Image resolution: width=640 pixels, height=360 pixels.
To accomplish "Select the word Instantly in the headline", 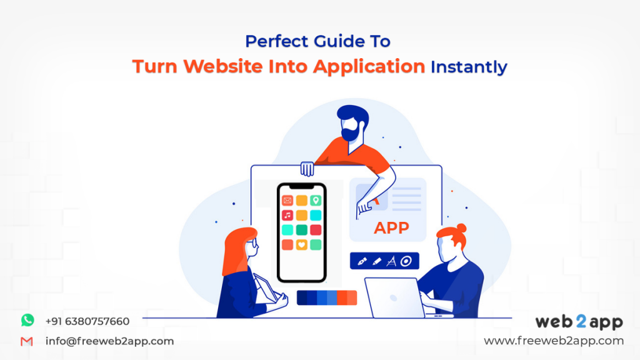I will pos(469,66).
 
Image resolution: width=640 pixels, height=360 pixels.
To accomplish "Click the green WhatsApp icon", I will pos(27,321).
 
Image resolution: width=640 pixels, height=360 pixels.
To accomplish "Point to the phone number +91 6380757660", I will pos(87,321).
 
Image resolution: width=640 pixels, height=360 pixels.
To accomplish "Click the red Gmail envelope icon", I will pos(27,341).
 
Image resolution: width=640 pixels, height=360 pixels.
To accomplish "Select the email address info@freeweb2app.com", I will pos(109,341).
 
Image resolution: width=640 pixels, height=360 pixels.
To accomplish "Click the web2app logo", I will pos(579,322).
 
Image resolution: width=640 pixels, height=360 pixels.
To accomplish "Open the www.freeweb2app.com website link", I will pos(554,341).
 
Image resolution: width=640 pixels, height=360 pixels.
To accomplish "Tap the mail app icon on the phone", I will pos(287,201).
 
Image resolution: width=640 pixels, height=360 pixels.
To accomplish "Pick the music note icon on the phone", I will pos(287,215).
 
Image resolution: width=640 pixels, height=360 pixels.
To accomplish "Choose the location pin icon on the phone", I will pos(316,201).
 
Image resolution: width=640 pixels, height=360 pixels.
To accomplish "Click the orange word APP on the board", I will pos(391,228).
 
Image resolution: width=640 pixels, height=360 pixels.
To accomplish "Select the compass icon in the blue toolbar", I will pos(392,261).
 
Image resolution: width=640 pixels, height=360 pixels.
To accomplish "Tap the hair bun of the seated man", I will pos(461,228).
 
